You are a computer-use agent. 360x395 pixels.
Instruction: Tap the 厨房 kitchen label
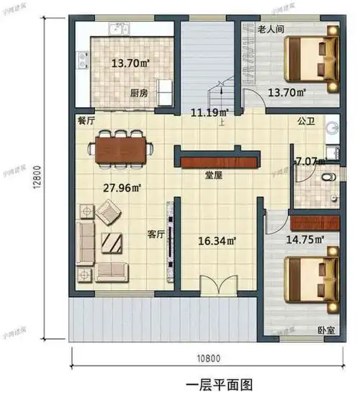(139, 93)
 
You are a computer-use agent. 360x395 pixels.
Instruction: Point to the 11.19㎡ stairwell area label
(210, 112)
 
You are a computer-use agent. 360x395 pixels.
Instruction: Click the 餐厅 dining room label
(86, 122)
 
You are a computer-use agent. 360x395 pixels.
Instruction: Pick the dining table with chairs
(121, 148)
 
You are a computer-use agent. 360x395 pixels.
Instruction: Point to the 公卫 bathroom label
(306, 122)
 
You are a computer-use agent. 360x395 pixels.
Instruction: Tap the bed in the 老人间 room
(312, 61)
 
